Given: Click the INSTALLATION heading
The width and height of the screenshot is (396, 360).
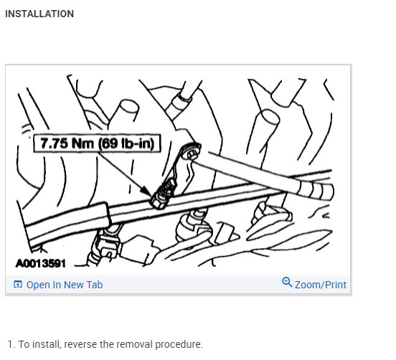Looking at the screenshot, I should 39,14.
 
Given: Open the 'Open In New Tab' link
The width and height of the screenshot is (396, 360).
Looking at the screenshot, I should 64,285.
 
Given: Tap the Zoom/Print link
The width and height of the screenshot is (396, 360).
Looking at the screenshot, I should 320,285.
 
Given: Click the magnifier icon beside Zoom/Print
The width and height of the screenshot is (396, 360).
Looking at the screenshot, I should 287,283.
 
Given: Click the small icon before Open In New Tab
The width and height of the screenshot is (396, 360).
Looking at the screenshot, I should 18,285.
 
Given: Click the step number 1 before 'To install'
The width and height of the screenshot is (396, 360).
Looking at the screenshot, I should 11,344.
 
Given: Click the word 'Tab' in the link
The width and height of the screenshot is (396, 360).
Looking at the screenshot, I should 94,285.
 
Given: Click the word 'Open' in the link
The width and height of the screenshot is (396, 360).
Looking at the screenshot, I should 38,285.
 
